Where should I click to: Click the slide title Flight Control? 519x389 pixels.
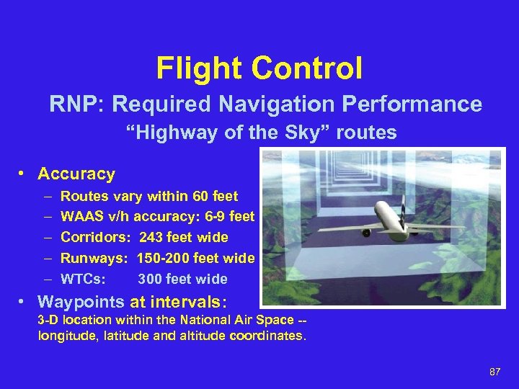(x=259, y=69)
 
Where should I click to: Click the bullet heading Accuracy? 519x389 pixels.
(x=76, y=174)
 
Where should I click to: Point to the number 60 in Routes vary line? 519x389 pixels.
(x=200, y=196)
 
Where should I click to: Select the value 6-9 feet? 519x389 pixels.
(x=231, y=216)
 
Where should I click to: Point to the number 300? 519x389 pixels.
(x=150, y=279)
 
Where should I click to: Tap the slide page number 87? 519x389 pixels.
(x=494, y=372)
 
